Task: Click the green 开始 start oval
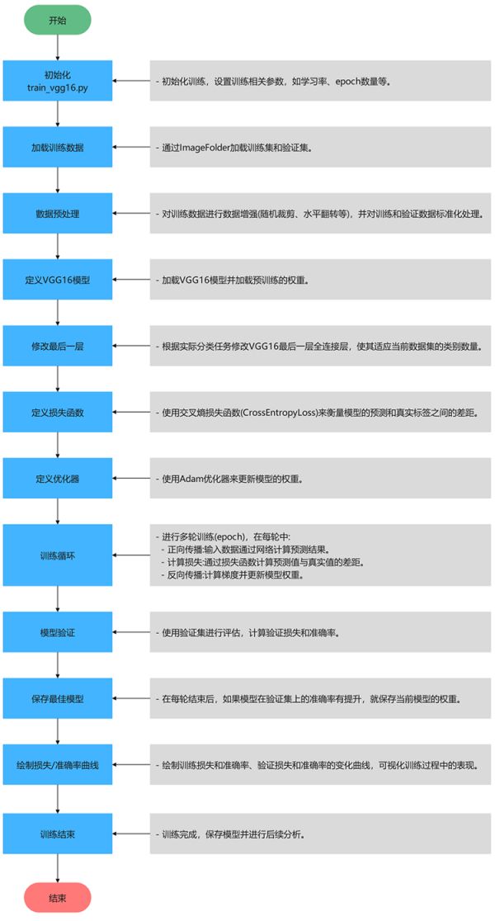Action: click(x=58, y=20)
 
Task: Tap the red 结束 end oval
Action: click(x=58, y=898)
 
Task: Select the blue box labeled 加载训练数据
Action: click(x=58, y=148)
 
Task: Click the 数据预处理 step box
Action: click(x=58, y=214)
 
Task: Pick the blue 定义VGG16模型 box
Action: click(x=58, y=280)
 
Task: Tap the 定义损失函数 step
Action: click(x=58, y=413)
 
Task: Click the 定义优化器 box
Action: click(x=58, y=479)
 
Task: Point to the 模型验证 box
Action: click(x=58, y=632)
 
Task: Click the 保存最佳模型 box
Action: click(x=58, y=698)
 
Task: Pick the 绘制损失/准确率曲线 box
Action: click(x=58, y=766)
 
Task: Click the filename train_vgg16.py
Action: click(x=58, y=87)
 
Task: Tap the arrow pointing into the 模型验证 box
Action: click(x=131, y=632)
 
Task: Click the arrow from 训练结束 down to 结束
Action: click(x=58, y=868)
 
